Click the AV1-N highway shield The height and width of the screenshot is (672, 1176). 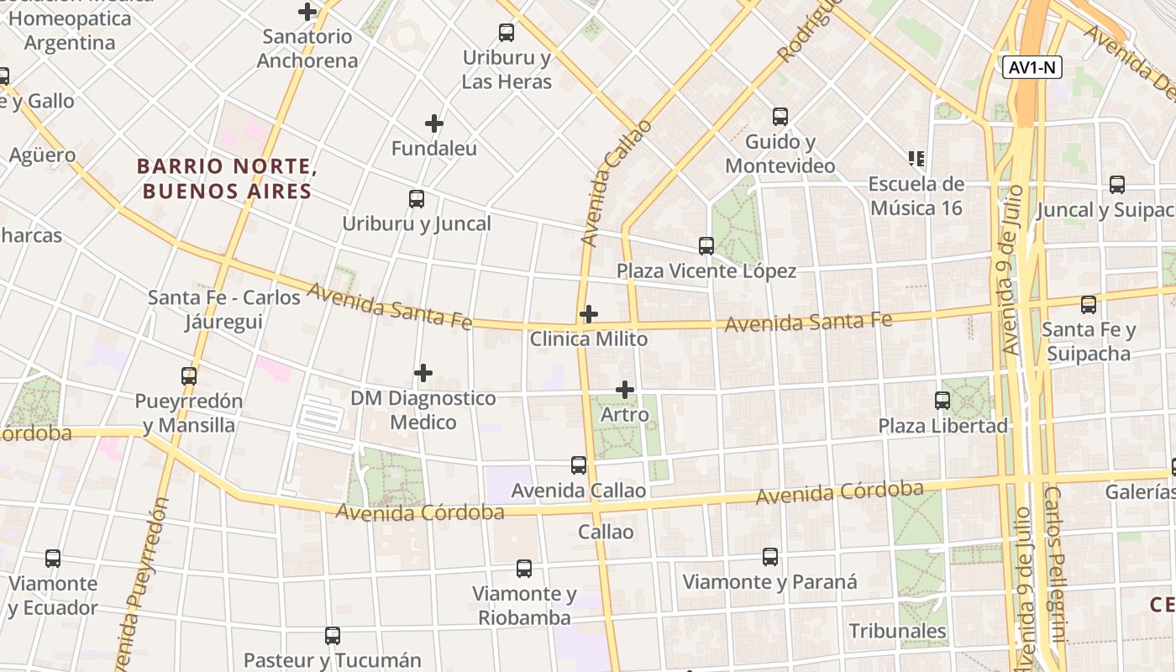tap(1032, 68)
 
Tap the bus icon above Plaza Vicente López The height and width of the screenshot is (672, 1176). tap(706, 245)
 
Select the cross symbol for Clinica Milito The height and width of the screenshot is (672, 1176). tap(589, 314)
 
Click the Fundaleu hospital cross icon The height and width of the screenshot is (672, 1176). tap(434, 124)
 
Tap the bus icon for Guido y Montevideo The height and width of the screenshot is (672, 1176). tap(780, 116)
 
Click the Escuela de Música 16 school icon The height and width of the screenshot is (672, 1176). tap(916, 158)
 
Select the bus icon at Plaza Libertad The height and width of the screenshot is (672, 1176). tap(942, 401)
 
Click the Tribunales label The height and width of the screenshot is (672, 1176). tap(897, 631)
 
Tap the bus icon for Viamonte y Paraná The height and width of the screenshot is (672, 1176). tap(770, 556)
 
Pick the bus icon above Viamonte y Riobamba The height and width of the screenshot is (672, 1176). tap(524, 568)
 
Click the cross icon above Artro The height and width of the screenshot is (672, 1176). tap(625, 389)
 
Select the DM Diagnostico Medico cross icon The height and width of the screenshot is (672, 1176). tap(423, 372)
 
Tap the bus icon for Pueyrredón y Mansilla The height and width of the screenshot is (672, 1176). tap(189, 375)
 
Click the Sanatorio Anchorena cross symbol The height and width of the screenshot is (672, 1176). tap(307, 12)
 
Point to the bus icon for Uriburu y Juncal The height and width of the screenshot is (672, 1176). tap(417, 199)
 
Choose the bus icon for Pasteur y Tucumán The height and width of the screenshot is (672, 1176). tap(333, 635)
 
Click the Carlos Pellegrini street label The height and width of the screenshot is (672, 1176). tap(1055, 571)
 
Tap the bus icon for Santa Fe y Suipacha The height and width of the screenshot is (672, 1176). tap(1089, 304)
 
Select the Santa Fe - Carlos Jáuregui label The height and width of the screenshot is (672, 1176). tap(224, 309)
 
